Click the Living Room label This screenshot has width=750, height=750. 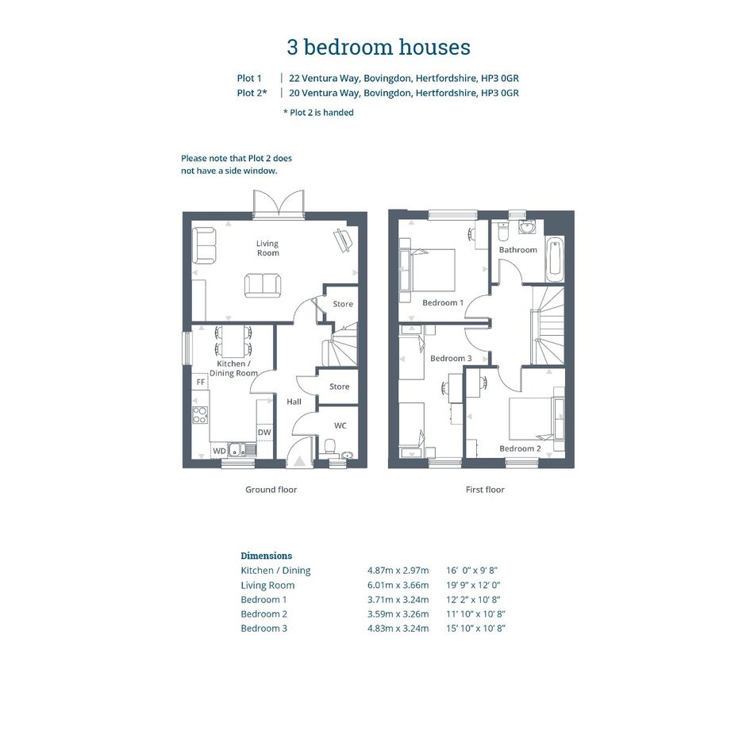[267, 248]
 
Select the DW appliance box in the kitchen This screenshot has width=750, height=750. [264, 432]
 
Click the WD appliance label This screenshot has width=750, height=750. [220, 451]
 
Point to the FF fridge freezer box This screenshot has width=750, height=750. [201, 381]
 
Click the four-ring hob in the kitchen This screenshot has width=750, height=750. [200, 415]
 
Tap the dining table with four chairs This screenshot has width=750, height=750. [233, 340]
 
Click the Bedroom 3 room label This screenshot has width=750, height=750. [451, 358]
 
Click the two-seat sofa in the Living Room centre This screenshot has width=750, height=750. [262, 286]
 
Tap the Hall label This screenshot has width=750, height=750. [294, 402]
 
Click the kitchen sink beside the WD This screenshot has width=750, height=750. [241, 450]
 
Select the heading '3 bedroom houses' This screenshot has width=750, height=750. [379, 47]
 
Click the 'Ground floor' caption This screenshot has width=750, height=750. [271, 490]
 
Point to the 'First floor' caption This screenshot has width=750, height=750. [485, 490]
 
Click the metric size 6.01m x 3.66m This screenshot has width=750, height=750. [398, 585]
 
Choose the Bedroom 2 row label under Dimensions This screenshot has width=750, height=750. [264, 614]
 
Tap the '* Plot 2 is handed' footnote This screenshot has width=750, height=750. [318, 113]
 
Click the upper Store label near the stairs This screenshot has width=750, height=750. [343, 304]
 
